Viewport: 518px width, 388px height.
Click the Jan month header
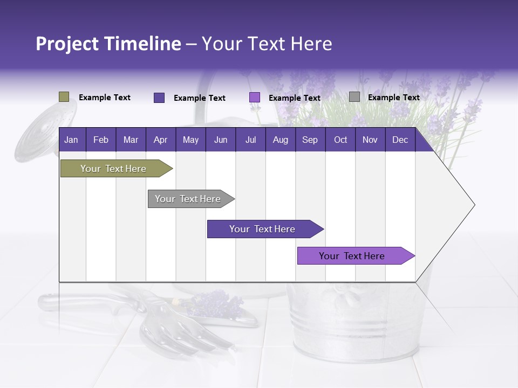(71, 140)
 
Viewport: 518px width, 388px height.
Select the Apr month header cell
(160, 140)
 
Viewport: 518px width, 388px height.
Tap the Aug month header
(280, 140)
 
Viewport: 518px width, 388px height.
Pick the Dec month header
(400, 140)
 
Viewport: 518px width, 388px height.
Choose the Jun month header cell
(220, 140)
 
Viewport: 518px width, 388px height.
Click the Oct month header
(340, 140)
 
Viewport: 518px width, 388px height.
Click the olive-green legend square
(64, 97)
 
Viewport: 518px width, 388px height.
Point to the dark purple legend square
(159, 98)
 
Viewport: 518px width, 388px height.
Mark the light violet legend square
(254, 98)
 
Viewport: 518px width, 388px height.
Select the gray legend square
(354, 97)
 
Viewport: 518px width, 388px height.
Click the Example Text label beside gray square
(393, 98)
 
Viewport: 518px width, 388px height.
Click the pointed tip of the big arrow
(474, 205)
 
